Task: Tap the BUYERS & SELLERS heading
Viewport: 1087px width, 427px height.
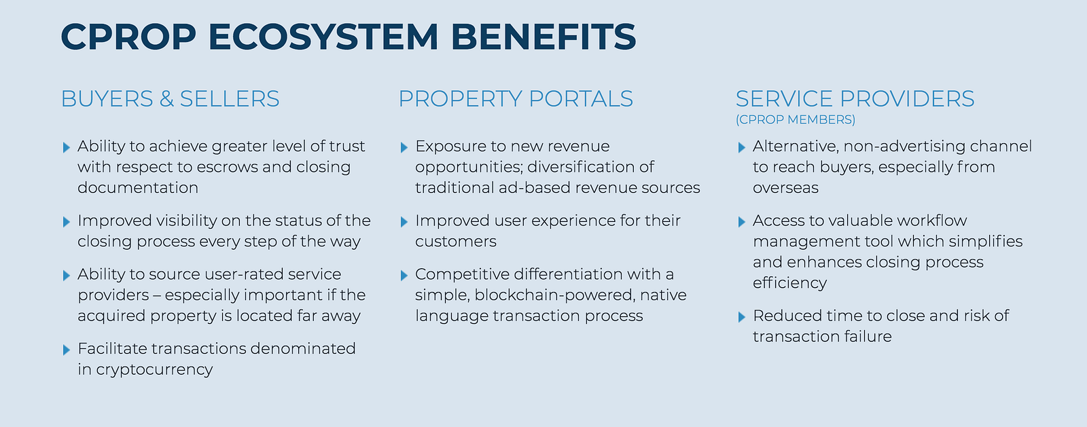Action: pos(170,99)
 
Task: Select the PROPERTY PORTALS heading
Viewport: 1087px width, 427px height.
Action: pos(515,99)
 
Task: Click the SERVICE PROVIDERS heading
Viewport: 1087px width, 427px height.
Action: pos(855,99)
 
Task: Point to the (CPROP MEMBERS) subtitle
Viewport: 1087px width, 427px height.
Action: pos(795,120)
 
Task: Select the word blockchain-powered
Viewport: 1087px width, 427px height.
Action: pos(559,295)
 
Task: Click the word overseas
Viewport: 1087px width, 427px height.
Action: pos(785,188)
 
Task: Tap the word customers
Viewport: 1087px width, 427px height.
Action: pos(455,242)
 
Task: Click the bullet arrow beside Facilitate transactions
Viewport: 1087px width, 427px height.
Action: pos(66,350)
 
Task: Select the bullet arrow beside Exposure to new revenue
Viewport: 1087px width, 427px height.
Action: pos(404,147)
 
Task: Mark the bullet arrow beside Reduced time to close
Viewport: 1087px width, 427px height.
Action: pos(741,317)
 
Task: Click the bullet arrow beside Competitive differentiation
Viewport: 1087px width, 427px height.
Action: pos(404,275)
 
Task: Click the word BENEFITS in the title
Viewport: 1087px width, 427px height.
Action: pos(543,37)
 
